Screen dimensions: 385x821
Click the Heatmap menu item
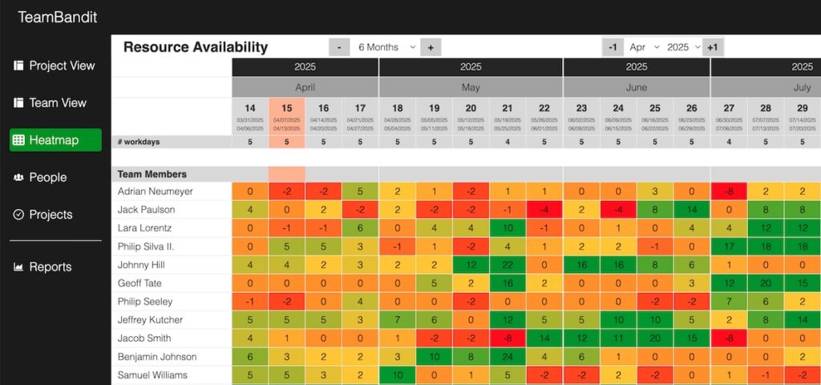(55, 140)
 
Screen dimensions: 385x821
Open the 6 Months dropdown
(386, 47)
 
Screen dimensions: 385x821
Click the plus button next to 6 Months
(431, 47)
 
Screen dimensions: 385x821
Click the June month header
(637, 87)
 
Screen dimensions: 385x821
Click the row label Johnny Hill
(141, 265)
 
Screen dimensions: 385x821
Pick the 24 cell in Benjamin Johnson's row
(508, 357)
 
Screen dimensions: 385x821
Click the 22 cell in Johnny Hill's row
(508, 265)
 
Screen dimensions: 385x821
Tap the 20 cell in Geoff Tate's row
(766, 283)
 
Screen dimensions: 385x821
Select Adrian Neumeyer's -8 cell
(729, 191)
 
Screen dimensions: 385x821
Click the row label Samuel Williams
(152, 375)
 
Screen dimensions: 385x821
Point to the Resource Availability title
(196, 47)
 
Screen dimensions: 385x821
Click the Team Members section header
(152, 174)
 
